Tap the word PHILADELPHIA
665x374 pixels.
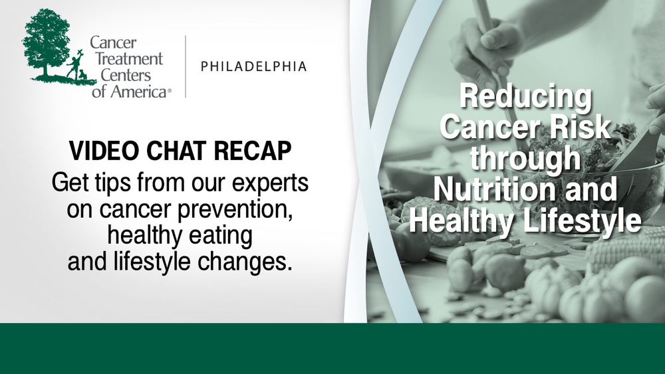tap(253, 66)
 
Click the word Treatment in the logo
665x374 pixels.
tap(129, 59)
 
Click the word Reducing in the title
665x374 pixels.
tap(525, 96)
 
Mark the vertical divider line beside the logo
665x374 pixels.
tap(186, 67)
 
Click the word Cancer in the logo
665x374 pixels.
tap(113, 43)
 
